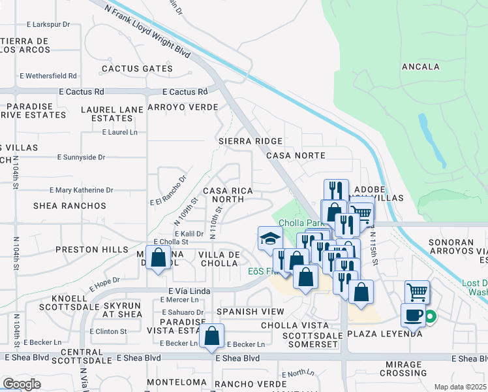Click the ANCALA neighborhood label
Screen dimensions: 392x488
[421, 67]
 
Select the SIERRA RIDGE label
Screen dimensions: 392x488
[251, 141]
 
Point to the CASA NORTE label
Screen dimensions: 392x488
[296, 155]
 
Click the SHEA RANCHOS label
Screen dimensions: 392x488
[70, 206]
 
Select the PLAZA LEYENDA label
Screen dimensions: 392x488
[384, 333]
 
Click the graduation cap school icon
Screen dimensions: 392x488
[270, 238]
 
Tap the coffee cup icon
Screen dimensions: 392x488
[413, 316]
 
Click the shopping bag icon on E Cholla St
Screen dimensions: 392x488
[159, 257]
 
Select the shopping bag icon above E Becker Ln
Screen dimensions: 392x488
[212, 336]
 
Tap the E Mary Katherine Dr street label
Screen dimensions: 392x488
[82, 190]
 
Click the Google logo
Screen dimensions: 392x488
[22, 384]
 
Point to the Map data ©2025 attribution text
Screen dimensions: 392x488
[460, 387]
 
